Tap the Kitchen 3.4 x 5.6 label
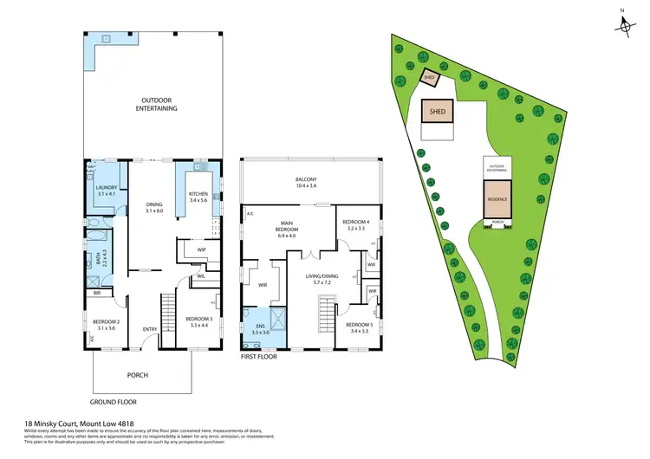(x=199, y=196)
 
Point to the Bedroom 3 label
(x=199, y=322)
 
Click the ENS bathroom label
(x=260, y=328)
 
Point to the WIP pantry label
(x=201, y=250)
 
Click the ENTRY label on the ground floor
(x=150, y=328)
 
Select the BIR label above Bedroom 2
(x=97, y=294)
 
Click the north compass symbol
(x=625, y=26)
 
